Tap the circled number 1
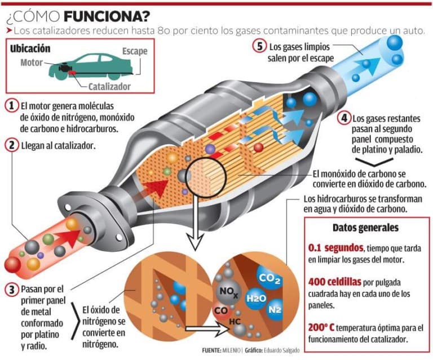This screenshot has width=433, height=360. click(12, 106)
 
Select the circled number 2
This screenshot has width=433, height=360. click(12, 145)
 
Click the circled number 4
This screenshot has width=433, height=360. click(343, 118)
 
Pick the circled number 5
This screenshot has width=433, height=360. click(259, 47)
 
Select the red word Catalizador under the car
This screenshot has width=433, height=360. click(109, 87)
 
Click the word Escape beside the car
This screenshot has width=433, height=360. click(135, 52)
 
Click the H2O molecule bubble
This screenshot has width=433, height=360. click(256, 299)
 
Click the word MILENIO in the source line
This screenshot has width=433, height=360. click(233, 350)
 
